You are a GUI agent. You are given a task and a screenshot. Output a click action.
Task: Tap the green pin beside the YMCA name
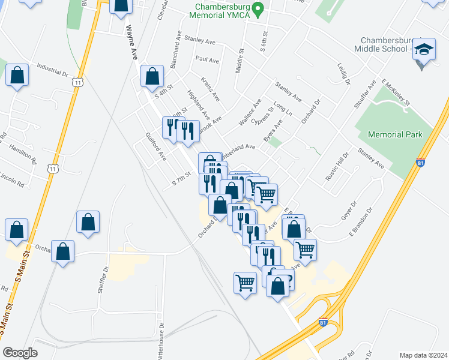click(258, 10)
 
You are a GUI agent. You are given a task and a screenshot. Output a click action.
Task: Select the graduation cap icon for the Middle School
click(425, 50)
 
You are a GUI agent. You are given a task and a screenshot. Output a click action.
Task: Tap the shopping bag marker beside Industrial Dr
click(17, 76)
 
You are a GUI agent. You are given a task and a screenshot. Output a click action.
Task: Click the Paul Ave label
click(207, 59)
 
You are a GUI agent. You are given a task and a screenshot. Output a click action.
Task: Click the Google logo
click(20, 352)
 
